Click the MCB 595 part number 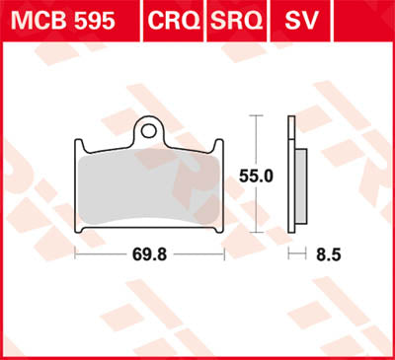tap(62, 20)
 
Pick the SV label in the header tap(299, 20)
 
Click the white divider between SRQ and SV tap(271, 20)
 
